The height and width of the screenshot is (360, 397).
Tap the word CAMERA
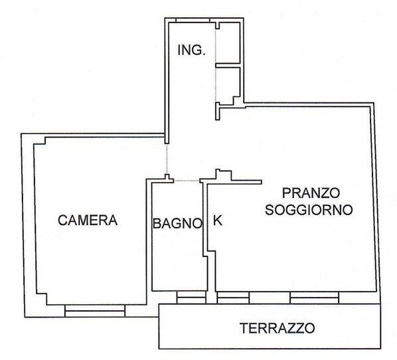coord(88,220)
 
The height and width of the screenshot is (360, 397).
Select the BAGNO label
coord(177,223)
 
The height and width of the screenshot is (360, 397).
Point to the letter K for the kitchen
coord(218,221)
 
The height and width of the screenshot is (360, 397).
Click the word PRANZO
coord(311,193)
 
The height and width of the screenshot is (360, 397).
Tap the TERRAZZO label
coord(278,327)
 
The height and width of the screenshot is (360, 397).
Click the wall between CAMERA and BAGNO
coord(149,239)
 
